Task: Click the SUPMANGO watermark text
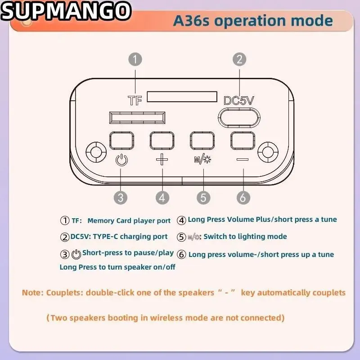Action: (66, 12)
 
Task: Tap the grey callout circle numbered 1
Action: (135, 59)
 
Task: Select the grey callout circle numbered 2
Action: (239, 59)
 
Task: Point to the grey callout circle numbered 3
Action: (120, 197)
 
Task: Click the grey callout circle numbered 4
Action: (162, 197)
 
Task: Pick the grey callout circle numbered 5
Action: (203, 197)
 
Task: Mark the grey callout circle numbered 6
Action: (243, 197)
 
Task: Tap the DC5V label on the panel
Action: (239, 100)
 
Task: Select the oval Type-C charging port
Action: (239, 117)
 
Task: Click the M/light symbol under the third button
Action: (202, 159)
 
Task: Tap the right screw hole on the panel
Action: (269, 152)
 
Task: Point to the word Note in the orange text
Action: (31, 293)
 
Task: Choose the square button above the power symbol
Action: (121, 141)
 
